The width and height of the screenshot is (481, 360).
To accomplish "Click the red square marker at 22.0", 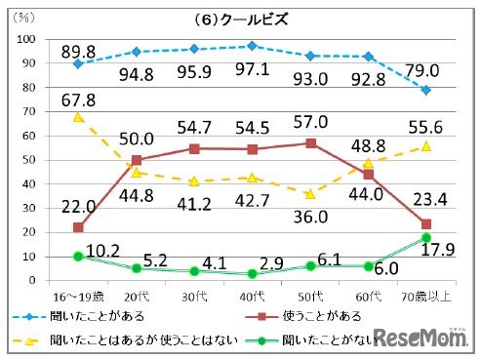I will (77, 227).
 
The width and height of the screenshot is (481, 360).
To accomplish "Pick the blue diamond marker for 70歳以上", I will (427, 90).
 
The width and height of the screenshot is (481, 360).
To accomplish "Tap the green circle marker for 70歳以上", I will (427, 237).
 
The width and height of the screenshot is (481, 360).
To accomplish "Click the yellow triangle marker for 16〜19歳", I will (77, 117).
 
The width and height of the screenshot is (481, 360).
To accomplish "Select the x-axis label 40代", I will (253, 293).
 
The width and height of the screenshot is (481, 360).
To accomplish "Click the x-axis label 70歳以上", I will (427, 293).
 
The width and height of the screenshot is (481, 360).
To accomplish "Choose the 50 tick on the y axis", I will (29, 159).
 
